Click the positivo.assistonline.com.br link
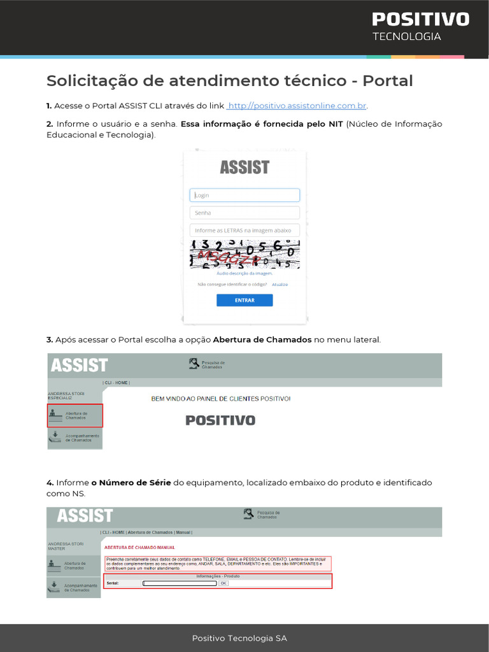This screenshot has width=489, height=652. [x=297, y=106]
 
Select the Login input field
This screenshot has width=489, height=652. [x=244, y=195]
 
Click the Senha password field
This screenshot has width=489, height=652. [x=244, y=213]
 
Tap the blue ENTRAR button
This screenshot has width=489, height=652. [x=244, y=301]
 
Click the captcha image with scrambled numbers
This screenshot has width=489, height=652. [x=244, y=254]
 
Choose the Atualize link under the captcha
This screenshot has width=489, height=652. [x=280, y=285]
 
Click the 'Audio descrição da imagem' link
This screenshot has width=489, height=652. [x=244, y=273]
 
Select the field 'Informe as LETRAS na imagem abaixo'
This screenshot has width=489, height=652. [x=244, y=230]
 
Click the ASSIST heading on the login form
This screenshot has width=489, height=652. [x=244, y=167]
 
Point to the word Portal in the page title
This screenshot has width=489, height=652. [x=388, y=81]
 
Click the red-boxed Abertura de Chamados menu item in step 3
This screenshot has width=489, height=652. [x=75, y=416]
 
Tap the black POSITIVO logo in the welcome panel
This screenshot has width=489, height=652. [x=220, y=420]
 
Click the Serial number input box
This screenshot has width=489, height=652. [x=180, y=583]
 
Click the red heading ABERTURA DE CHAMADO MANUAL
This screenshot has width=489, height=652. [x=139, y=548]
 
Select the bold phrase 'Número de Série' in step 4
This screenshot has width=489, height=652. [x=135, y=483]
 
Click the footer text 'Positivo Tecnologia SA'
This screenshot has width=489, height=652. [x=244, y=638]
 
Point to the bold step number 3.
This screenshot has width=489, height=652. [x=50, y=340]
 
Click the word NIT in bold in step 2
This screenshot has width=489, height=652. [x=336, y=124]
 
